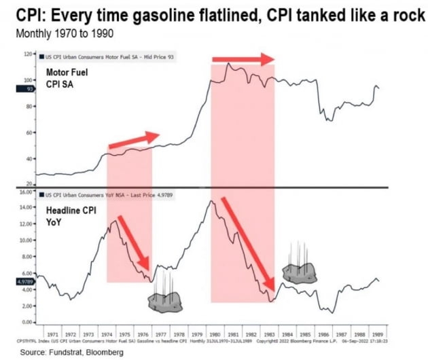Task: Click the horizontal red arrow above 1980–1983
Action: [241, 60]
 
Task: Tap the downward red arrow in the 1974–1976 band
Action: [133, 242]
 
